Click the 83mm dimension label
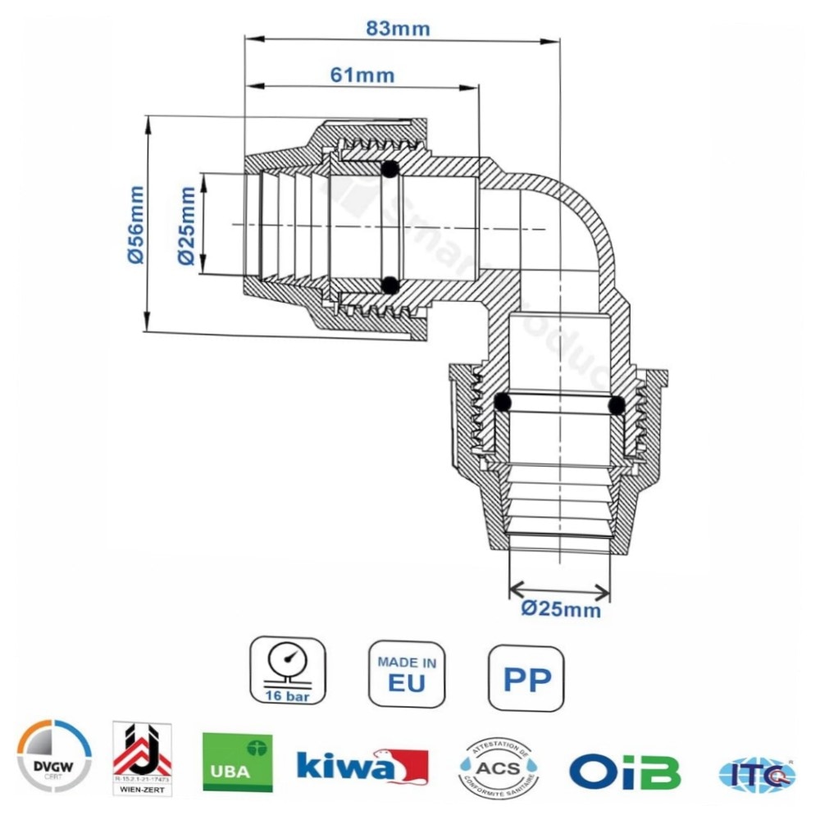coord(398,28)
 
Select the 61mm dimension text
coord(362,75)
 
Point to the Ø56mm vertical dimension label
coord(134,224)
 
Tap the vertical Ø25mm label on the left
coord(186,225)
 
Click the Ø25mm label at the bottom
coord(561,609)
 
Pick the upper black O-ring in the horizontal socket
coord(390,170)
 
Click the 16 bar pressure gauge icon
coord(287,671)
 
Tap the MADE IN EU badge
coord(407,673)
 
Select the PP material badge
coord(526,678)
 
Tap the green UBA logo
coord(238,762)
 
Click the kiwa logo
coord(362,765)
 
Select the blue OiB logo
coord(625,770)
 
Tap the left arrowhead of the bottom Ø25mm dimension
coord(514,590)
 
